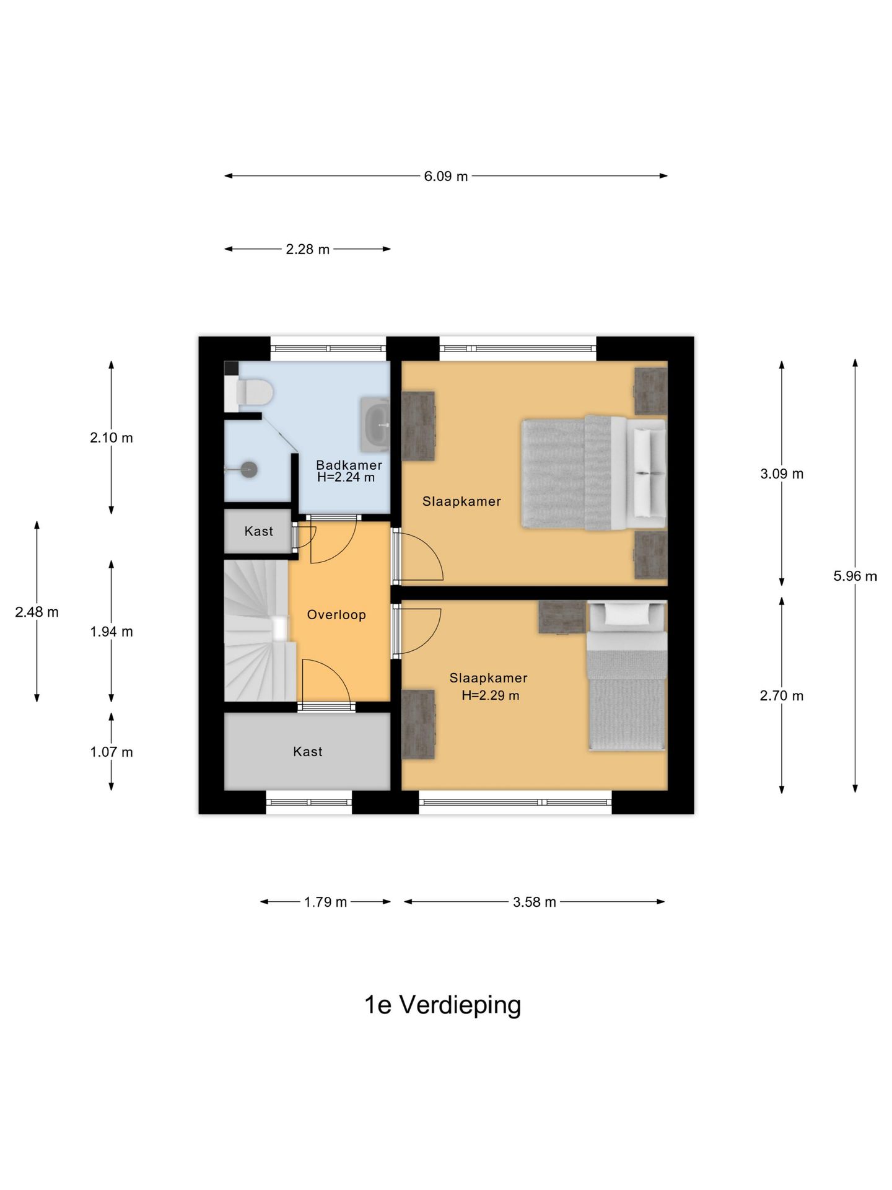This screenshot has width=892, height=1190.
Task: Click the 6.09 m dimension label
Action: [446, 176]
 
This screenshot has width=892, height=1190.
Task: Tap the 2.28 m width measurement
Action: [307, 249]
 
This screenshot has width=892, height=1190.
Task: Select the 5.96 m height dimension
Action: [855, 576]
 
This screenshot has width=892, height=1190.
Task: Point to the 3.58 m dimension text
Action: [534, 902]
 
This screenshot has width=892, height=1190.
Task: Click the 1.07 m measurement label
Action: [111, 752]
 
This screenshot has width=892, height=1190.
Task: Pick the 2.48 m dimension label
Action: [37, 612]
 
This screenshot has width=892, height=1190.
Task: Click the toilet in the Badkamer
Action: [251, 392]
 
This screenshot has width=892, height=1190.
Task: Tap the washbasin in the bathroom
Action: [375, 425]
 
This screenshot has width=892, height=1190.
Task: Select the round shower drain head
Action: [248, 469]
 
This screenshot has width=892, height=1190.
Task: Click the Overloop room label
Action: [336, 615]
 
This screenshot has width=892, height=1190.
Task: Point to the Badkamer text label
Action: [349, 465]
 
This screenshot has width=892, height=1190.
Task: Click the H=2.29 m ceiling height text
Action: [490, 695]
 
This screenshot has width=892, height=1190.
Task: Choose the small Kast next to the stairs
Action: [258, 531]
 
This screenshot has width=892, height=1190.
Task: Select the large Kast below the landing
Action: [307, 751]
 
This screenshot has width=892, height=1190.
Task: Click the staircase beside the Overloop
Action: [260, 630]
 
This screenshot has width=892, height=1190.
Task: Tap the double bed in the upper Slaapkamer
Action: [593, 473]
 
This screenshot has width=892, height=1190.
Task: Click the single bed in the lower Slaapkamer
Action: [626, 676]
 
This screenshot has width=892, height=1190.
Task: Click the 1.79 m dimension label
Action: [325, 902]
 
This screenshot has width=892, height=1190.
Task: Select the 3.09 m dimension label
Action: [782, 474]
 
